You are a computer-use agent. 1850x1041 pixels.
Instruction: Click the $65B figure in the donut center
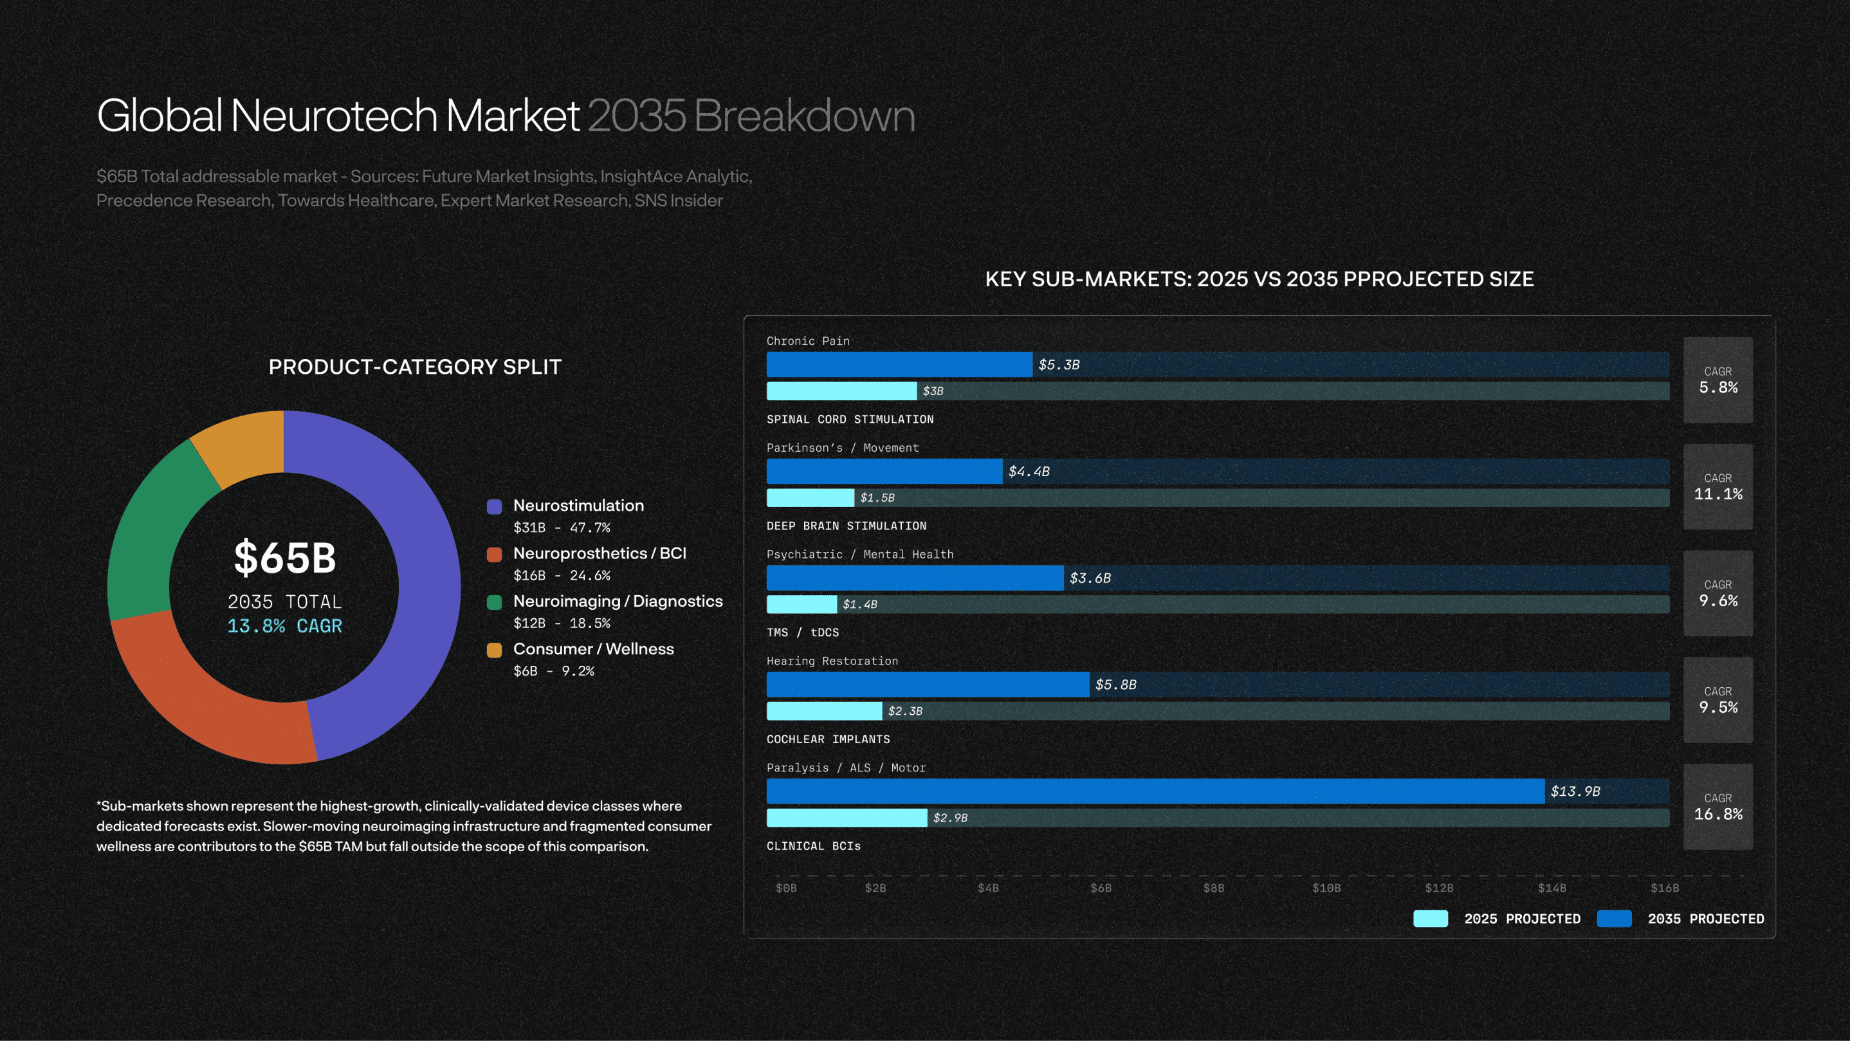(285, 558)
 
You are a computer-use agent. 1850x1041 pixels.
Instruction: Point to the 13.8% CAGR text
(284, 626)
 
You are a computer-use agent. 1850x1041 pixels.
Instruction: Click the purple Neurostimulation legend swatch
(494, 506)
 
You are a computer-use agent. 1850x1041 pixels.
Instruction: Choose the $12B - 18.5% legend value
(562, 623)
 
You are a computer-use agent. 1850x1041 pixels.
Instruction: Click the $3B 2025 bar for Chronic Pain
(841, 391)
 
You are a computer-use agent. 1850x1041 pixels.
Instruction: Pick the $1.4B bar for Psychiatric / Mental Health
(801, 604)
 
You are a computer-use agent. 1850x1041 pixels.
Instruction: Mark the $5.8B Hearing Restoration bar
(927, 685)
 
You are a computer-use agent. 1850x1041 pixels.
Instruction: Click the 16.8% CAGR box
(1718, 807)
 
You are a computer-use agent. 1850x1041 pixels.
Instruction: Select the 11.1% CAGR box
(1718, 487)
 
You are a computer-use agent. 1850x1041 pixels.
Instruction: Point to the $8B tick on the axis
(1214, 888)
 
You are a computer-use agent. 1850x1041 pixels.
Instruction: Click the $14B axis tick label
(1552, 888)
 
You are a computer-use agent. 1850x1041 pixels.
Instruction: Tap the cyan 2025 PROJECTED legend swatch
(1430, 919)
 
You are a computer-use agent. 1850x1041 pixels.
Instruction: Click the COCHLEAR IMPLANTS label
(828, 739)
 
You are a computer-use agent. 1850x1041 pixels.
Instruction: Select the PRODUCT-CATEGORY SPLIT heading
(415, 367)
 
